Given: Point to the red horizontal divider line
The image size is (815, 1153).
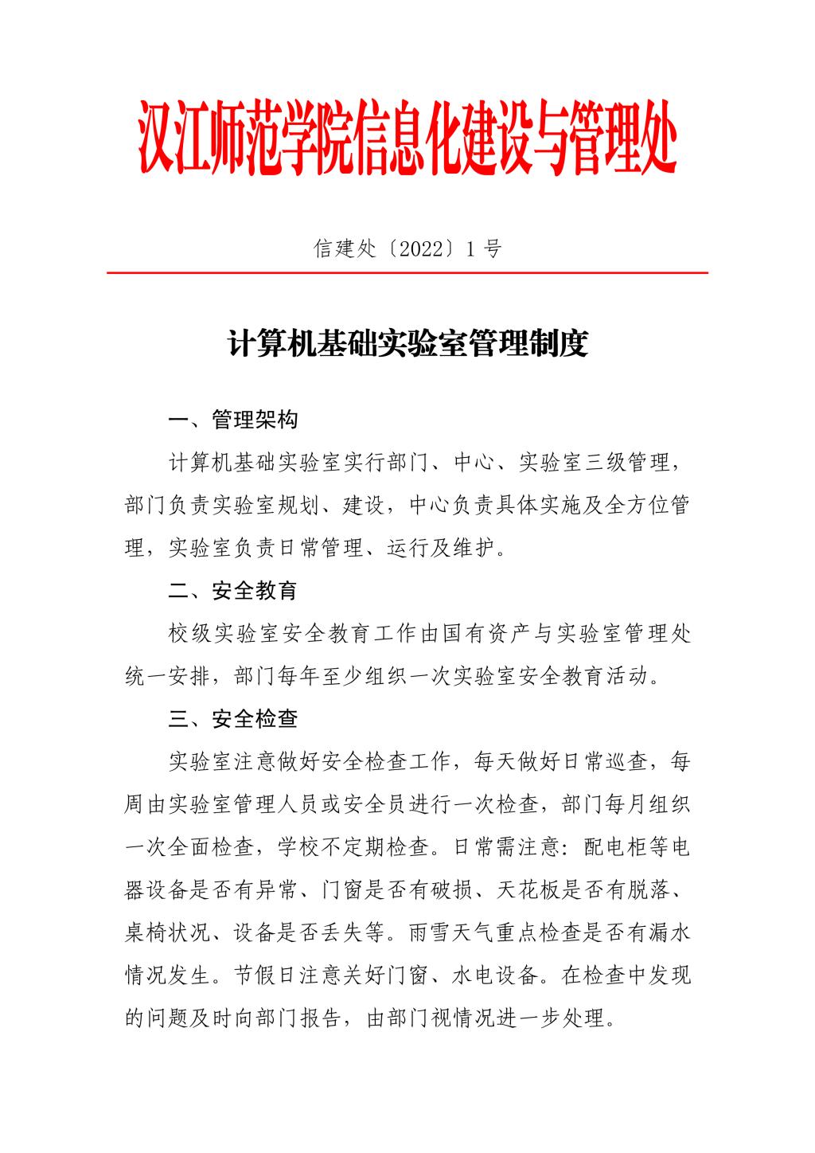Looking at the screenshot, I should [x=407, y=273].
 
